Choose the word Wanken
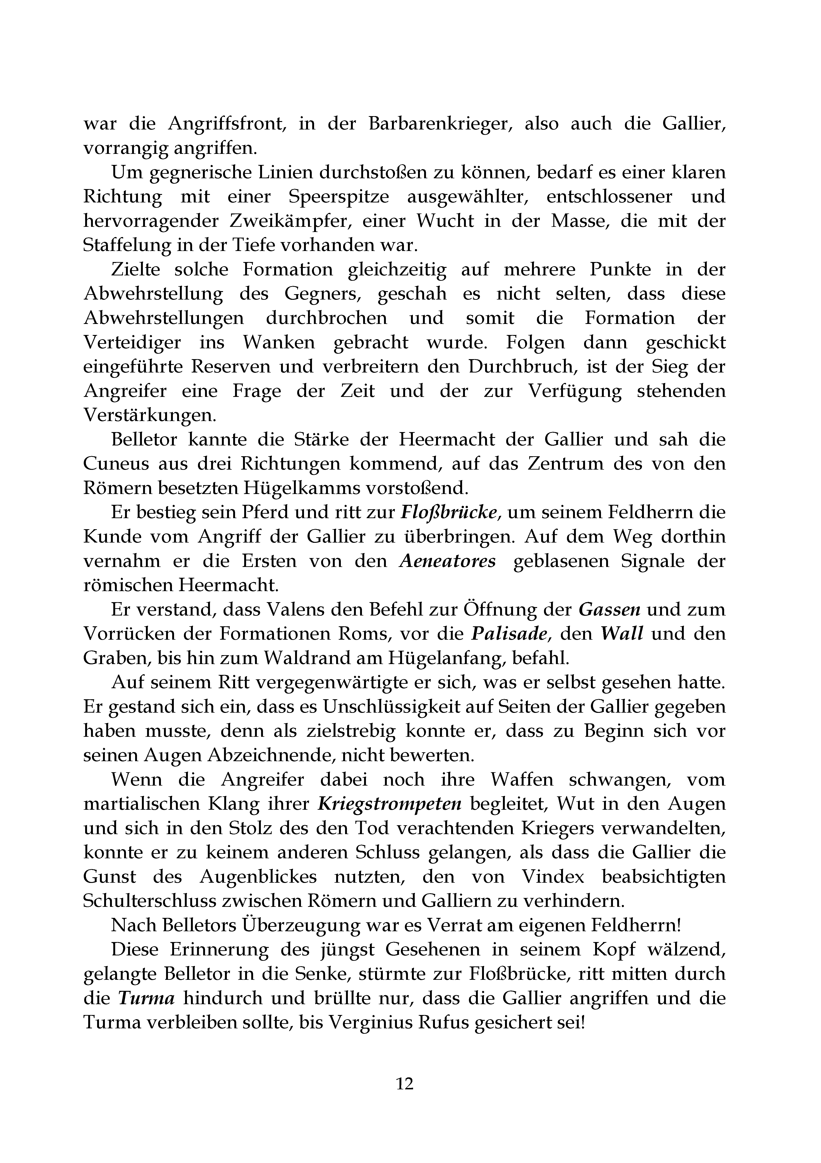279,343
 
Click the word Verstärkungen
149,416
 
